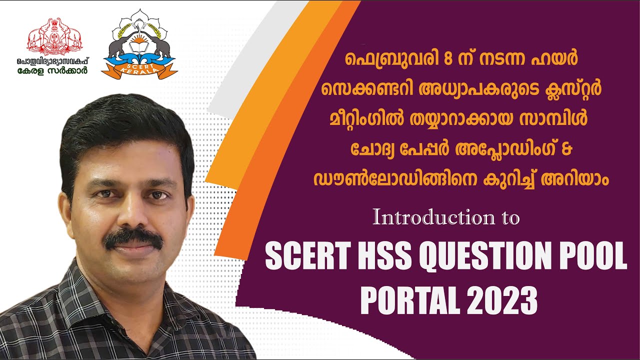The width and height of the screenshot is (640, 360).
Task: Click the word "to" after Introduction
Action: tap(508, 218)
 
